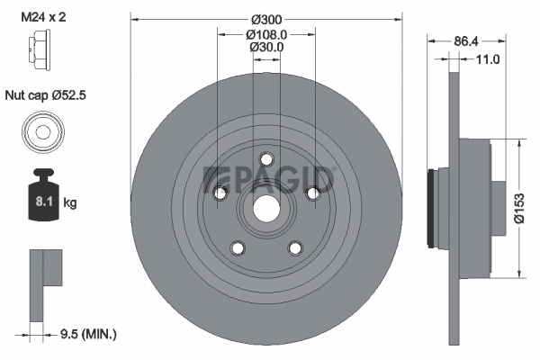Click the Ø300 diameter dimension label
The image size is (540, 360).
(x=266, y=20)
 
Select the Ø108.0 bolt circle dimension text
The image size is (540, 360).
(x=266, y=34)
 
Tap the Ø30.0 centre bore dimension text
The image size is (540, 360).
(x=266, y=47)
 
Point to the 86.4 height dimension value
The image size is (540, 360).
(x=466, y=41)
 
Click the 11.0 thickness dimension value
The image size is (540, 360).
(x=487, y=59)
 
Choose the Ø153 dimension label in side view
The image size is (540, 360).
(x=519, y=209)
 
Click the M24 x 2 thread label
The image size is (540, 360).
(x=43, y=16)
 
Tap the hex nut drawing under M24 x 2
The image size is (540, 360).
(x=39, y=50)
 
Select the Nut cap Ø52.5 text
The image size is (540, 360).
(x=46, y=95)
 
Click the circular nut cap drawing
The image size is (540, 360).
(x=43, y=132)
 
